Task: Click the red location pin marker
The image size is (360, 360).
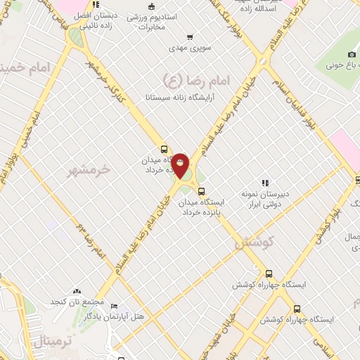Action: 181,165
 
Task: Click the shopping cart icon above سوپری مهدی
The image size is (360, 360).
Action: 190,37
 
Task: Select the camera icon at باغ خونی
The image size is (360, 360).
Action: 352,54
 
